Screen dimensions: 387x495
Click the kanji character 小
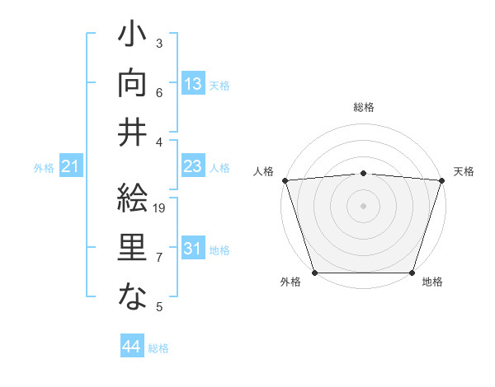132,36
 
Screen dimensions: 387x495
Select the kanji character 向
132,83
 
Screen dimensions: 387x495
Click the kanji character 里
132,248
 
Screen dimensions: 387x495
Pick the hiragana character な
132,296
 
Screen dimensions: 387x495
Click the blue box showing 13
192,84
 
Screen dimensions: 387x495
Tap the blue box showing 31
192,249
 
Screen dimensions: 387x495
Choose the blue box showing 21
71,167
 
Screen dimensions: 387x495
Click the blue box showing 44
131,347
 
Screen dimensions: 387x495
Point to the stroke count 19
160,208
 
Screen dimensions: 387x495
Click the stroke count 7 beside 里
159,258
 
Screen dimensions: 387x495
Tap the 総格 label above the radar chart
363,107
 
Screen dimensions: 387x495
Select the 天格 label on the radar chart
464,171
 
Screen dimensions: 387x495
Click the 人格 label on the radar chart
263,171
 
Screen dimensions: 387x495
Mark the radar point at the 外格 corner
314,273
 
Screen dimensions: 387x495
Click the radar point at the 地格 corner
412,273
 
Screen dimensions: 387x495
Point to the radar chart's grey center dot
363,205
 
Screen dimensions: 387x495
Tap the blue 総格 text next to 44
158,348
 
